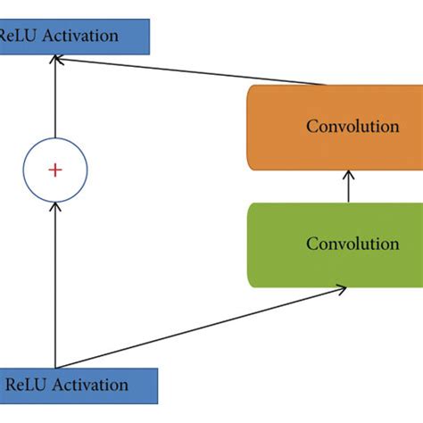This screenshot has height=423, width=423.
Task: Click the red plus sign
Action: (x=54, y=170)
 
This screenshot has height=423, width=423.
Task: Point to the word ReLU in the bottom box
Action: (x=27, y=386)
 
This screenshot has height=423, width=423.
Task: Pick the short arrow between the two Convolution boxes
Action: (x=347, y=187)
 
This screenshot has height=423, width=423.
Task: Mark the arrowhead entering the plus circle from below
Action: (x=54, y=205)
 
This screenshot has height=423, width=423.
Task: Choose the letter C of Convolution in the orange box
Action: (x=312, y=127)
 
